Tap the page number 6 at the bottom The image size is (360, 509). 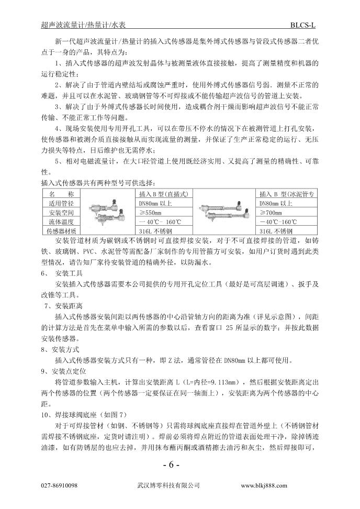click(172, 464)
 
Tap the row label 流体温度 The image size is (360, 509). click(62, 222)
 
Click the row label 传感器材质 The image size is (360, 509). click(62, 231)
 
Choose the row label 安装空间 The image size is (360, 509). click(62, 213)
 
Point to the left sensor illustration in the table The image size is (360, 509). click(104, 213)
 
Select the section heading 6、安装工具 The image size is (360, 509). click(59, 273)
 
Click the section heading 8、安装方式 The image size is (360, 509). click(59, 349)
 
